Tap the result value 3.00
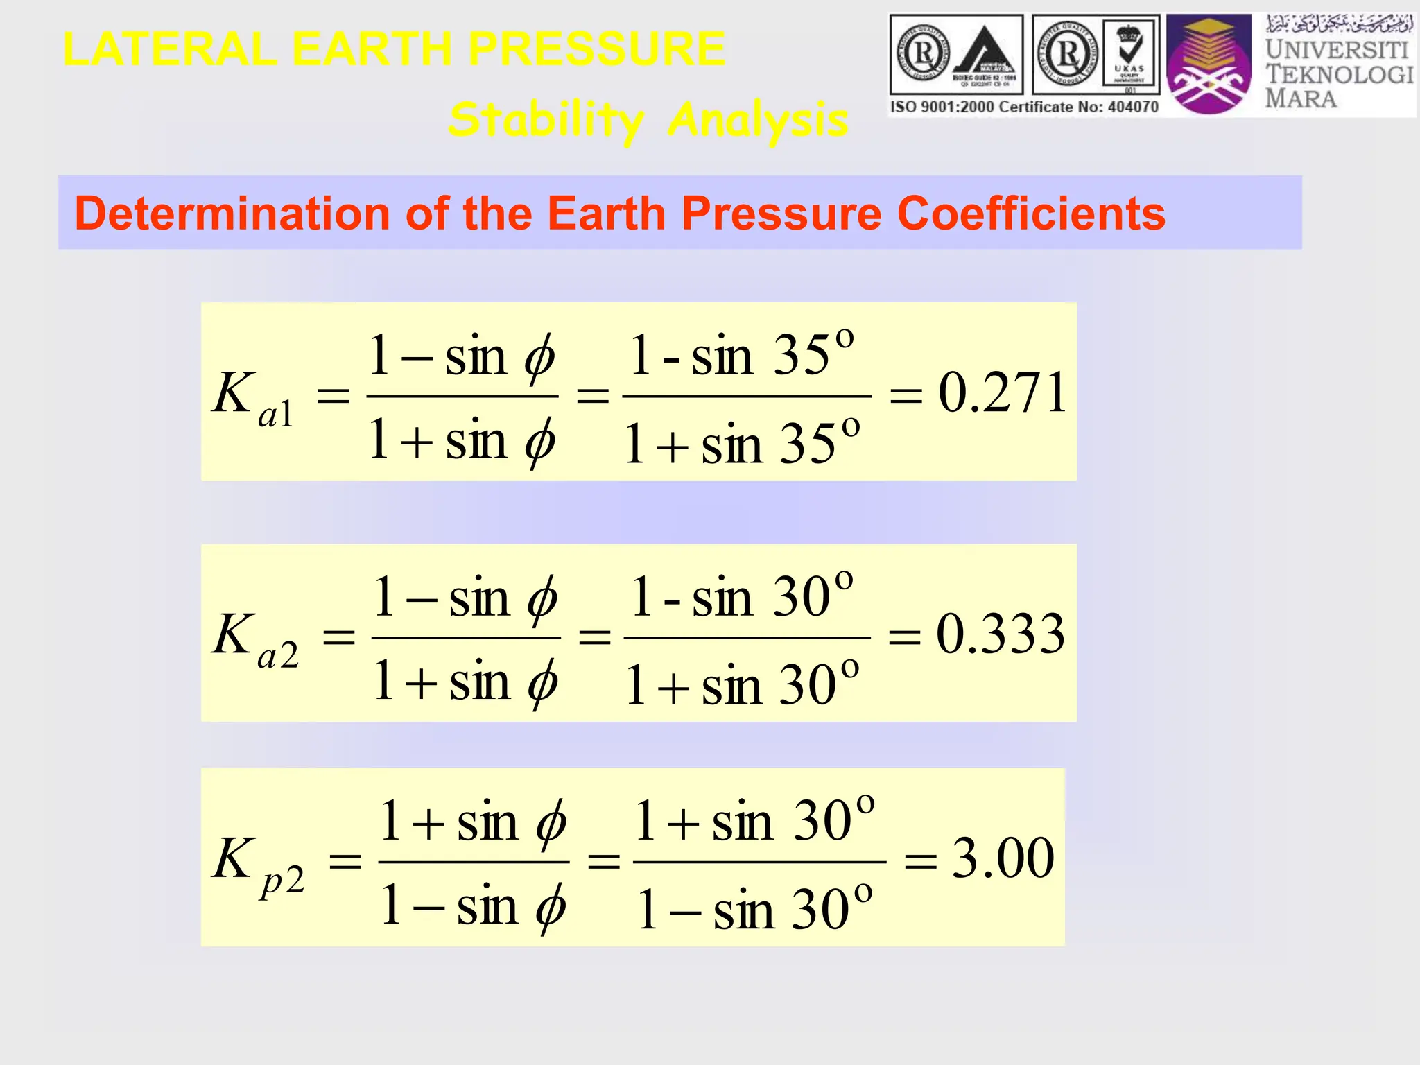point(1003,858)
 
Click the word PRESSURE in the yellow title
point(597,49)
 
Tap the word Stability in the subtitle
point(546,120)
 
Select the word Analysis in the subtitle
point(758,120)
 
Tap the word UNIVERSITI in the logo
point(1337,50)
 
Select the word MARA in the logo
point(1301,98)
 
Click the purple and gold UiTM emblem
point(1209,65)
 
